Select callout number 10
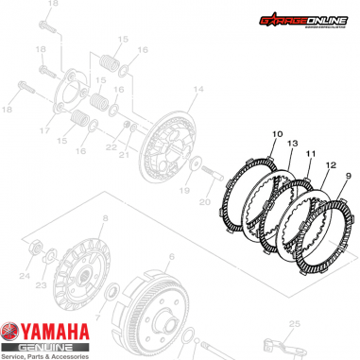coord(276,135)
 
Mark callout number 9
coord(347,176)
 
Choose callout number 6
coord(170,257)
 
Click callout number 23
coord(41,284)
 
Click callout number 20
coord(204,201)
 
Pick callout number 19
coord(184,189)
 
